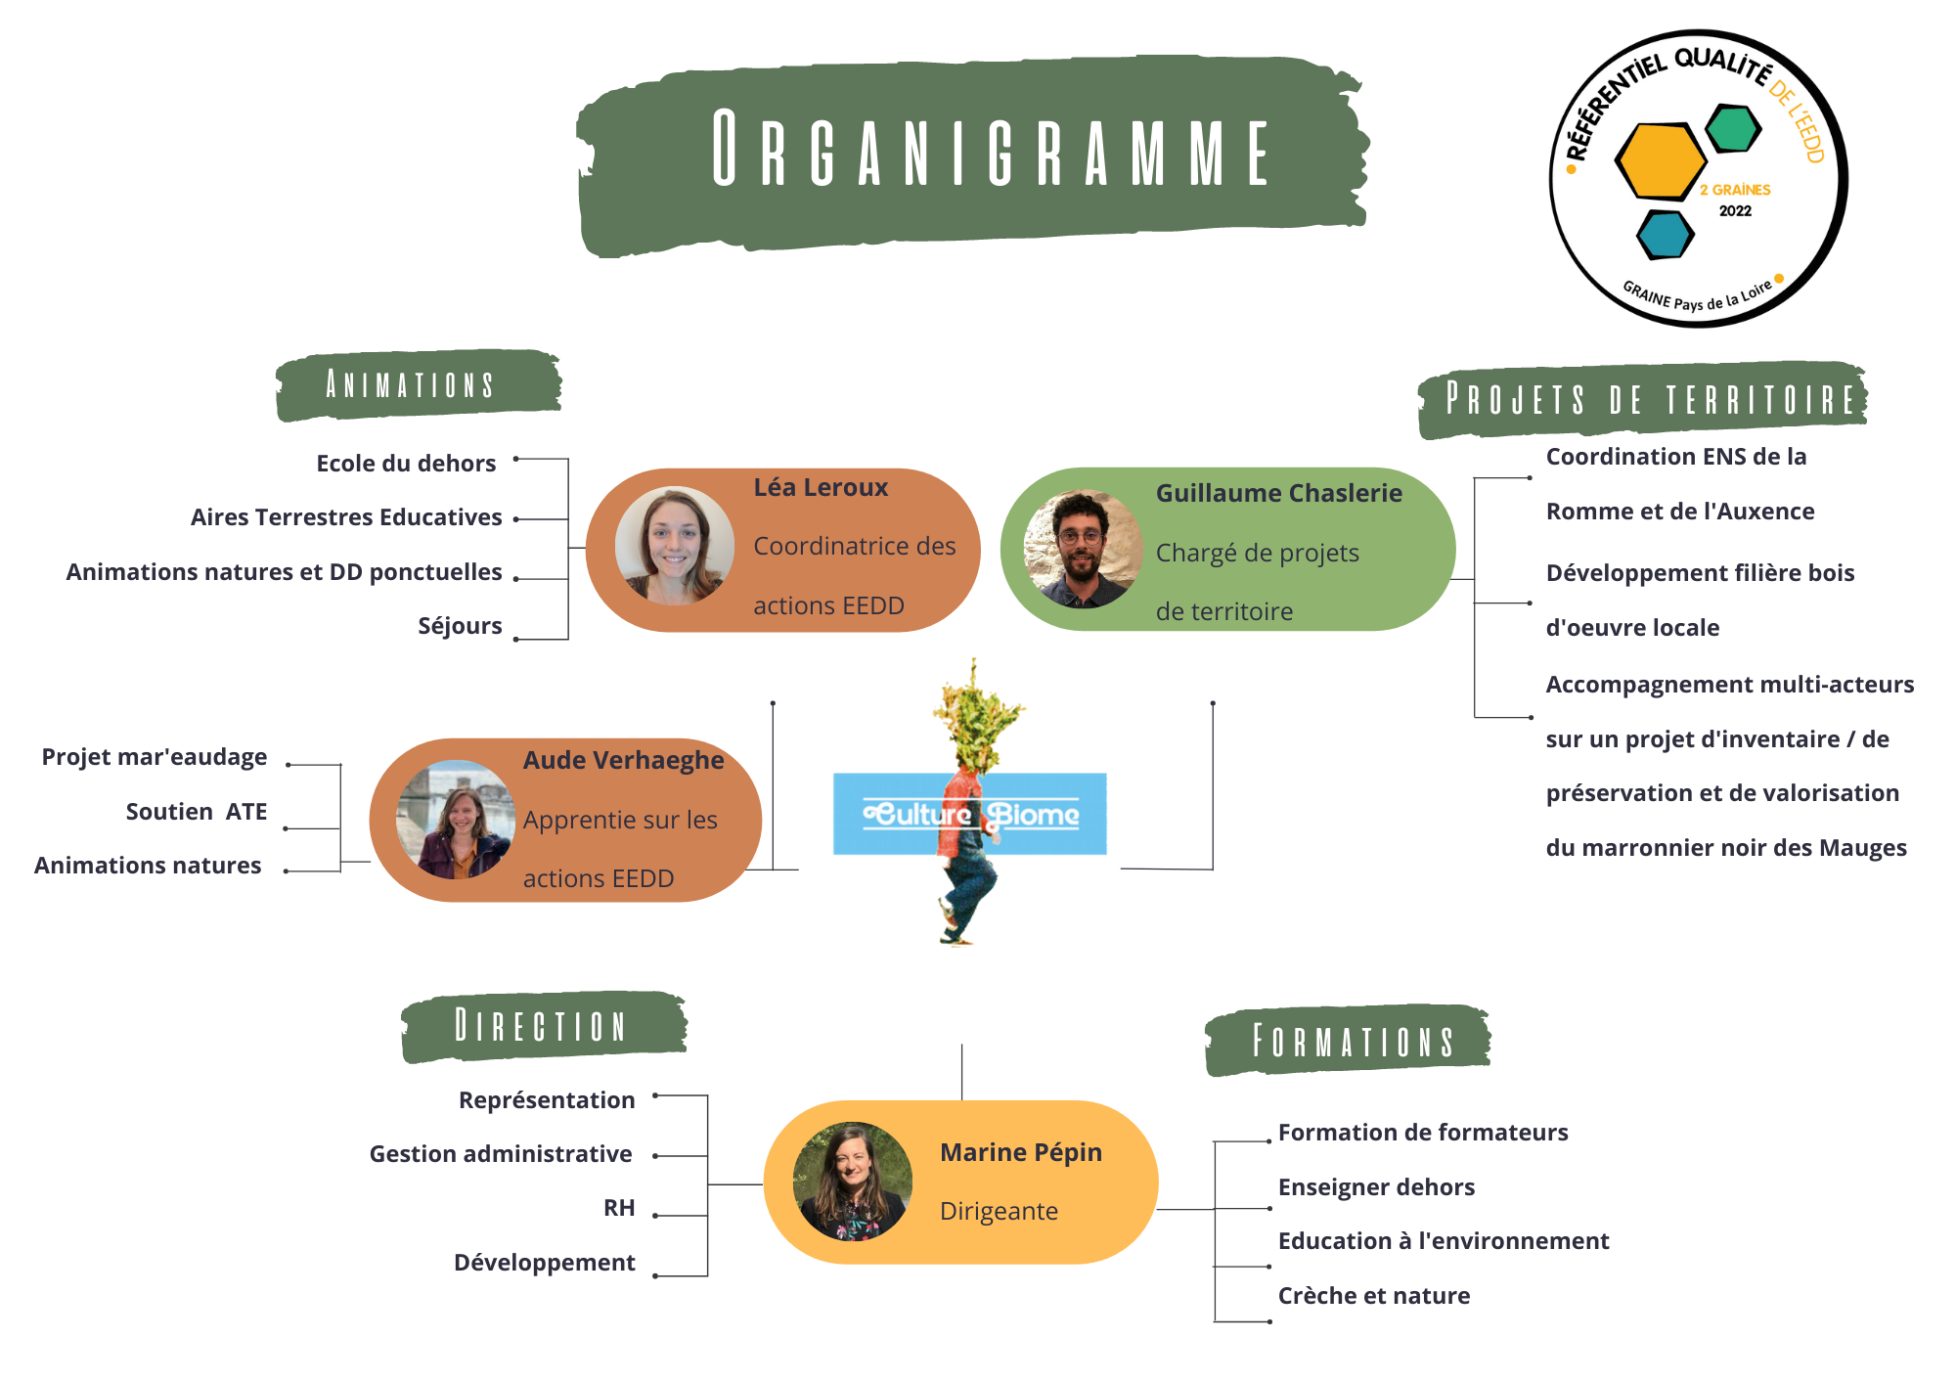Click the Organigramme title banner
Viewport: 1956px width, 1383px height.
973,155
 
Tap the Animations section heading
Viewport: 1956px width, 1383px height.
419,385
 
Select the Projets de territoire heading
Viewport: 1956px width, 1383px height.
1643,400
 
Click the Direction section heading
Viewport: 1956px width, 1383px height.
544,1026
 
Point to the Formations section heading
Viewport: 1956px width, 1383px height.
1348,1041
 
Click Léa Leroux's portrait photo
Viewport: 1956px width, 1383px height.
675,546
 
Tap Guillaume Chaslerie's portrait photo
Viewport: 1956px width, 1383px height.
1083,549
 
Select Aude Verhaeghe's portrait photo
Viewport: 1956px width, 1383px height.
456,820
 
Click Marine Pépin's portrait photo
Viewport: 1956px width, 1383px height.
853,1182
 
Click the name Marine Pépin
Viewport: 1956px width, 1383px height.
1021,1153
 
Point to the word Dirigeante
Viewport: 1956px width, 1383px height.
999,1212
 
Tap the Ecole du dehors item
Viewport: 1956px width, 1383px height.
406,464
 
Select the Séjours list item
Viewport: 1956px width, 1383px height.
460,626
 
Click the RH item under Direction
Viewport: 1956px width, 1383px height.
619,1208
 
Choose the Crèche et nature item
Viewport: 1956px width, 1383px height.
1374,1296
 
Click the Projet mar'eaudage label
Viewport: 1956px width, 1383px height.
155,757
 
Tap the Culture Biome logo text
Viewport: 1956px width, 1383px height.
970,814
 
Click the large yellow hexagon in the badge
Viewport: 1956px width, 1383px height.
1660,160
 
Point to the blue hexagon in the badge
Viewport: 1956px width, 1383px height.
1665,235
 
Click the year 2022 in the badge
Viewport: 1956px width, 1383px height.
1736,211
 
